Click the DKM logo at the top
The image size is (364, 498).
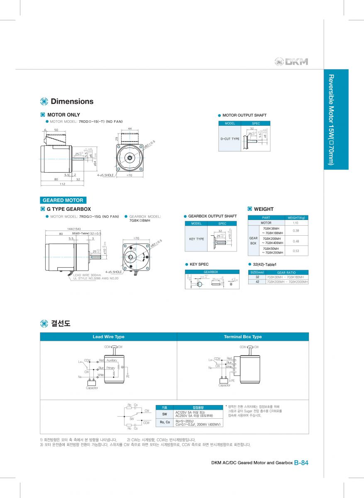click(292, 62)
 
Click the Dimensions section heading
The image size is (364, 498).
click(71, 101)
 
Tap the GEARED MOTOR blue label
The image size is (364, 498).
click(63, 200)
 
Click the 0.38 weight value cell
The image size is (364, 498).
click(296, 231)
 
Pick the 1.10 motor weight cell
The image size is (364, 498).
click(296, 223)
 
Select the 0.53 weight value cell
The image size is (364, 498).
click(296, 251)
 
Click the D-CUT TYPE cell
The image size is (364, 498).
click(230, 139)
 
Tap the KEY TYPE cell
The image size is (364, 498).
click(197, 239)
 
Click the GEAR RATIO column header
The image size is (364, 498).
click(286, 272)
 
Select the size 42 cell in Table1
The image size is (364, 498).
click(257, 281)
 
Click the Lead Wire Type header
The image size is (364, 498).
click(108, 337)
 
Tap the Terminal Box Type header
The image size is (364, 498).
click(243, 337)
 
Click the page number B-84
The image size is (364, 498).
click(301, 463)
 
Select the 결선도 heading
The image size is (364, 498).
click(61, 323)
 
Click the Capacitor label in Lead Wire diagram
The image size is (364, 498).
click(92, 388)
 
